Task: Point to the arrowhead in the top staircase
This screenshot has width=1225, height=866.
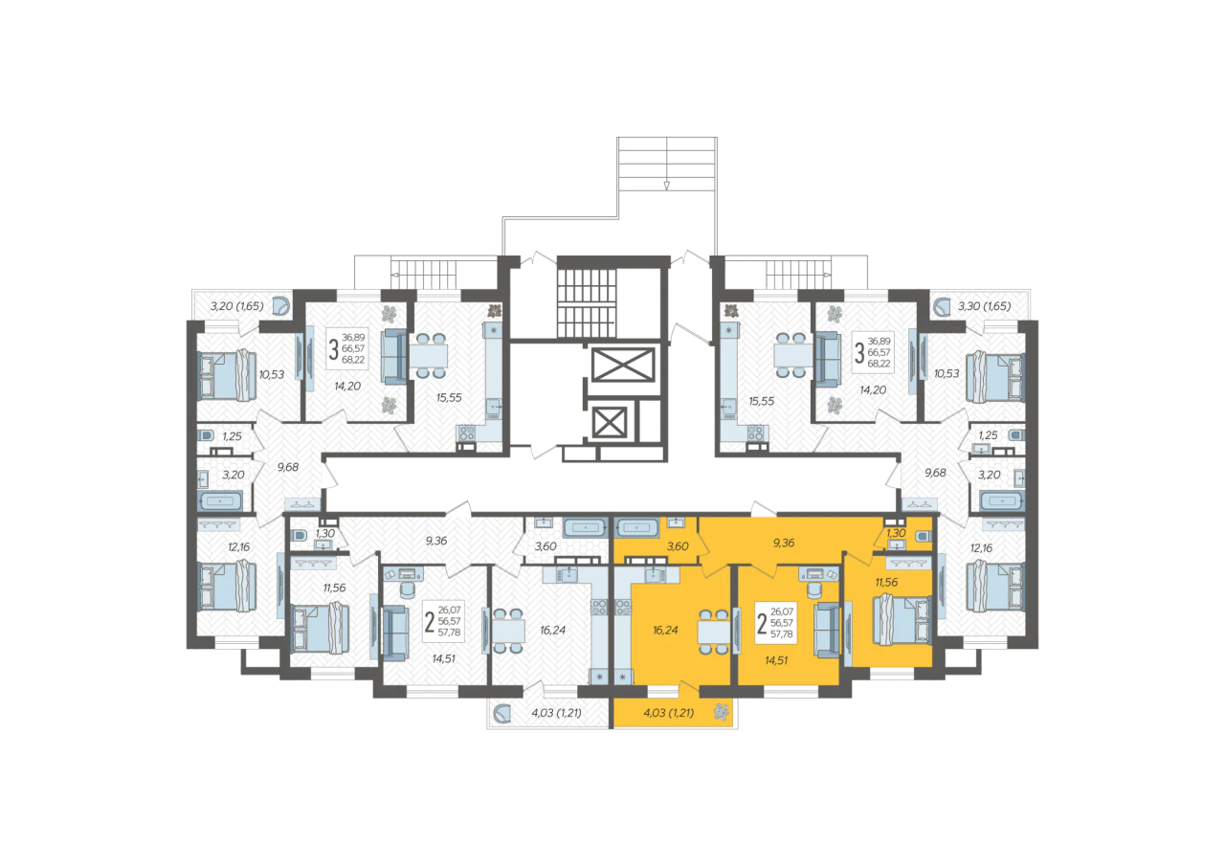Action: [667, 186]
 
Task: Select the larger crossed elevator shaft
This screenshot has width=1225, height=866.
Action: [623, 365]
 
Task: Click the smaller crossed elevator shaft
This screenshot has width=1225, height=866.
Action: [610, 422]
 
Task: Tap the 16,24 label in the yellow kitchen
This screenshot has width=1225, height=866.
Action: [665, 630]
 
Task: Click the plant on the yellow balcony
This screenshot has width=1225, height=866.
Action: [722, 712]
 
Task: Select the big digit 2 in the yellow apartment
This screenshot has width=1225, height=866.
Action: [762, 624]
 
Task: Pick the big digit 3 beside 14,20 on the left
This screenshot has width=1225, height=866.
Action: [334, 349]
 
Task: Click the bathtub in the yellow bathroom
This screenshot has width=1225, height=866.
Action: [637, 528]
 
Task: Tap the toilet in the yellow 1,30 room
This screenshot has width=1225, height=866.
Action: [924, 535]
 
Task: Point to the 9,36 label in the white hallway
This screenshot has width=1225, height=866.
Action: [435, 541]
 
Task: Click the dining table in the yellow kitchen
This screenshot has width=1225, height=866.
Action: [714, 632]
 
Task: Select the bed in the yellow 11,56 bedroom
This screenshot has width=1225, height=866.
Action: [902, 620]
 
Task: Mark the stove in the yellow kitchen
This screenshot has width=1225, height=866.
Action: [623, 607]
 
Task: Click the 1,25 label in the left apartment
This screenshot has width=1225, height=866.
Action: [232, 436]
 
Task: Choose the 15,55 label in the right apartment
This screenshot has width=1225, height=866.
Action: [761, 401]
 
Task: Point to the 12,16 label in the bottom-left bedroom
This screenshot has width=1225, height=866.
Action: [239, 546]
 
